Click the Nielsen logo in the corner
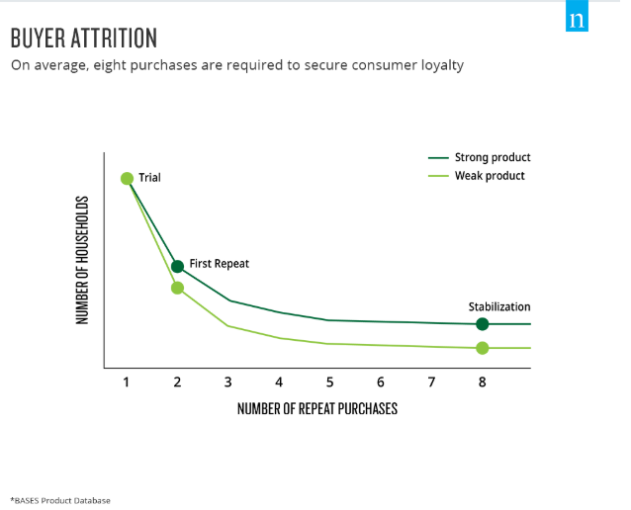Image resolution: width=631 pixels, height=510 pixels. tap(577, 20)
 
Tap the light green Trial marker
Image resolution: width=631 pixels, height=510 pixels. tap(127, 179)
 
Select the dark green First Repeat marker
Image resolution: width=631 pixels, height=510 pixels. tap(178, 266)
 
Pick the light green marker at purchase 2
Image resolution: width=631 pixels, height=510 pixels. tap(178, 288)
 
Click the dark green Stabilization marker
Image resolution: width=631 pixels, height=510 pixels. tap(483, 324)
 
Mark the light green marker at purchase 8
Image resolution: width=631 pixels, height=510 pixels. tap(483, 348)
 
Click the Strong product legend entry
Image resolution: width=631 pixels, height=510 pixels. tap(492, 157)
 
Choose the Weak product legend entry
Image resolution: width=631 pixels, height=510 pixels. tap(490, 176)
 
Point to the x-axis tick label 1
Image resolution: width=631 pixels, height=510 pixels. tap(127, 382)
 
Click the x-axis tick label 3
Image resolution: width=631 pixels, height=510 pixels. tap(228, 382)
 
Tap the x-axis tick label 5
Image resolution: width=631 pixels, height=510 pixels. tap(330, 382)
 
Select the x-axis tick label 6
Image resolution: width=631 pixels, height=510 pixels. tap(381, 382)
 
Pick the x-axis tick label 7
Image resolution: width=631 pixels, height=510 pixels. tap(432, 382)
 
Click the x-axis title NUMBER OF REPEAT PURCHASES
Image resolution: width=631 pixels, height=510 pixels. tap(317, 408)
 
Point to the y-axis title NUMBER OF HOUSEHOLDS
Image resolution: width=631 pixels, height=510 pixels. tap(83, 259)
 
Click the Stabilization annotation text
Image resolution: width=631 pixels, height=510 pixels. tap(499, 306)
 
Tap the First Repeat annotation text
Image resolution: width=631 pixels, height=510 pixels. tap(220, 264)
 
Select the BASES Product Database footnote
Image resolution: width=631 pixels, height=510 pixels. tap(60, 500)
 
